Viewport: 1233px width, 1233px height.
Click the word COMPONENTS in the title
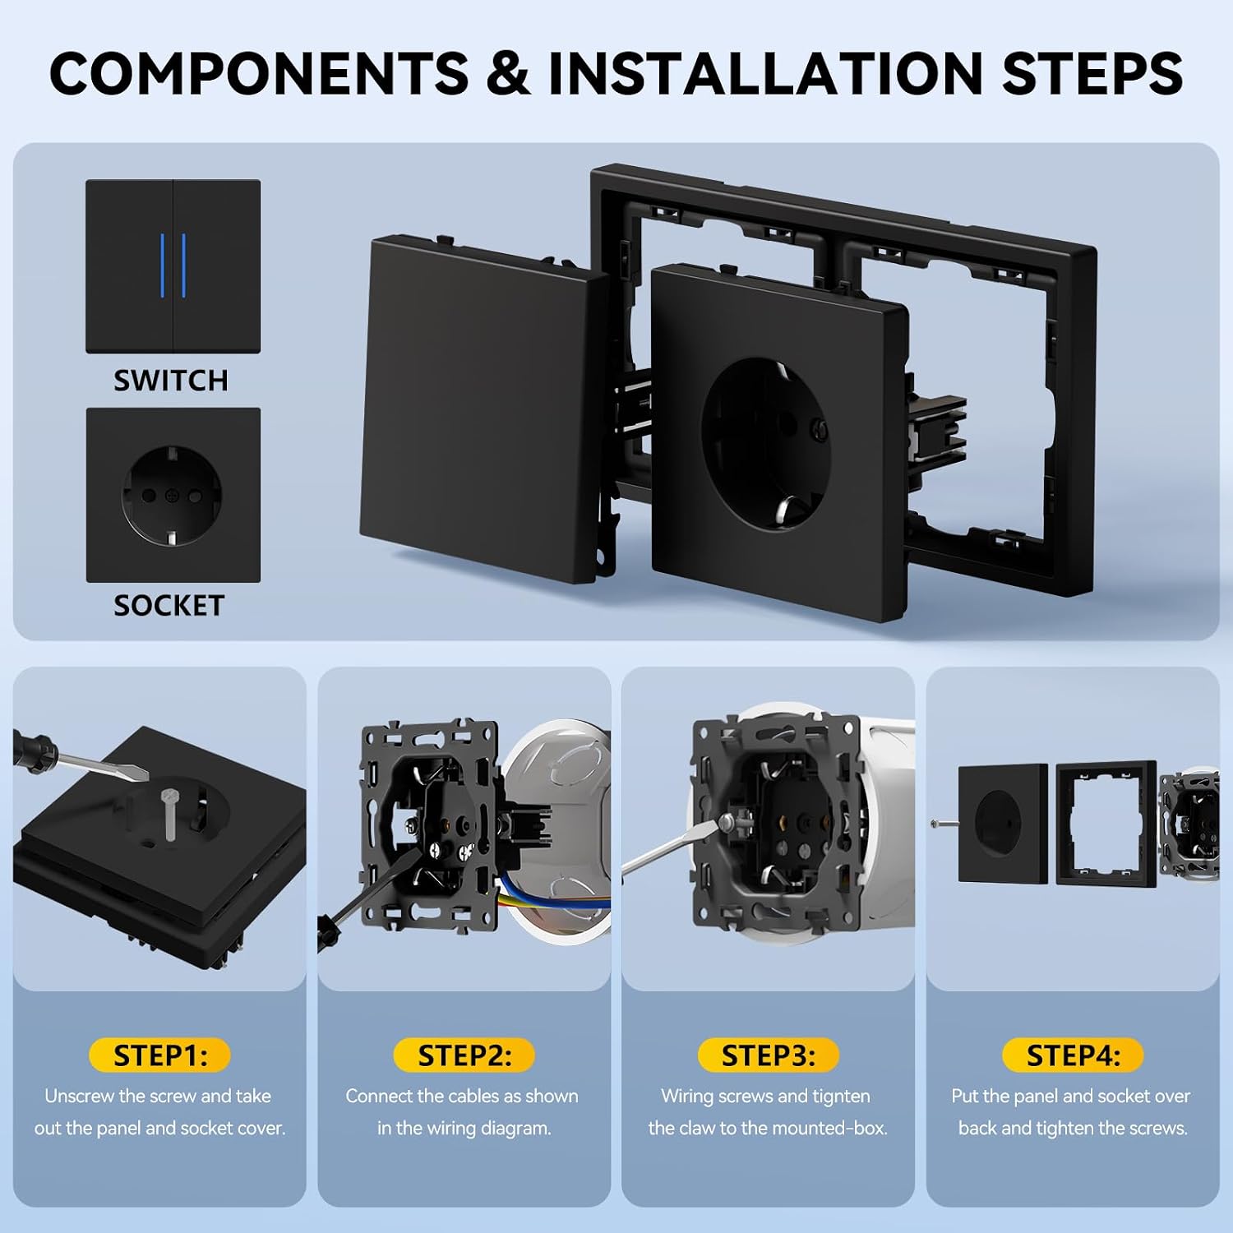coord(259,73)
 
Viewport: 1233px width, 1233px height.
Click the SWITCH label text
coord(171,381)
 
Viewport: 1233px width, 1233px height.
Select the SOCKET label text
coord(169,606)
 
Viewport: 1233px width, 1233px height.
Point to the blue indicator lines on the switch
coord(173,266)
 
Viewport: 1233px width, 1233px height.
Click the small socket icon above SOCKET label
coord(173,495)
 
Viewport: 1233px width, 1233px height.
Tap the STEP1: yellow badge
coord(160,1055)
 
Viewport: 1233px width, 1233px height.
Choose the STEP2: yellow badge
coord(464,1055)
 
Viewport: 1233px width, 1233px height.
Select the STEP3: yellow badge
coord(769,1055)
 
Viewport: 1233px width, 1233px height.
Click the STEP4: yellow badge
coord(1073,1055)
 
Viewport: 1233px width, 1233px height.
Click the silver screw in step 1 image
coord(171,814)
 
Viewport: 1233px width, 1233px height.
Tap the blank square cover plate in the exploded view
coord(485,411)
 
